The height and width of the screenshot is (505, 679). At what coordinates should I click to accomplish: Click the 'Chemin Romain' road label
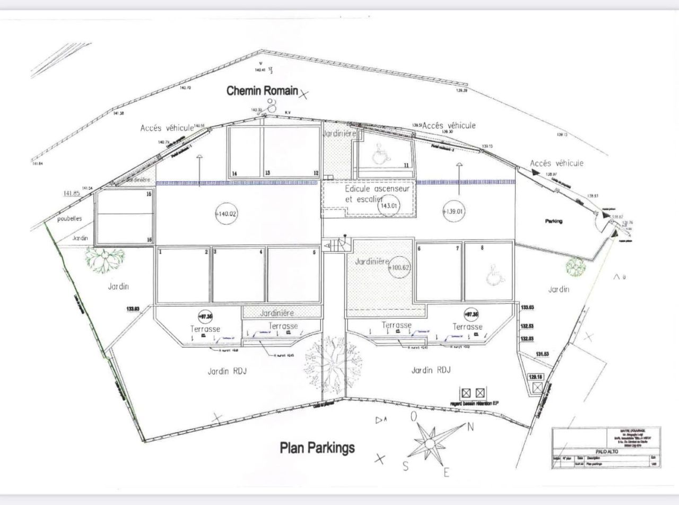[x=262, y=91]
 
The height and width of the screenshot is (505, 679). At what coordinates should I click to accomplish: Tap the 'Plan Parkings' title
[x=317, y=448]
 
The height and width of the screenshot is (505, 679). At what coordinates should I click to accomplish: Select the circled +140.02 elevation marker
[x=225, y=214]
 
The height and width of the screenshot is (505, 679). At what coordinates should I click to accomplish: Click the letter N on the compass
[x=469, y=427]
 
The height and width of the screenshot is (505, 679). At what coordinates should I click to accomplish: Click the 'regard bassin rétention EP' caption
[x=474, y=403]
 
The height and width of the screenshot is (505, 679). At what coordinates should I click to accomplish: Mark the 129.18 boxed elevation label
[x=536, y=377]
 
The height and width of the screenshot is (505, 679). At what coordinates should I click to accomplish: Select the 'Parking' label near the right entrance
[x=553, y=221]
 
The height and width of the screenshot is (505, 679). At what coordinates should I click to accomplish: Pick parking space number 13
[x=268, y=173]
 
